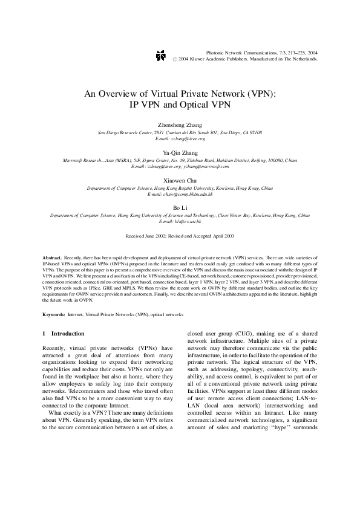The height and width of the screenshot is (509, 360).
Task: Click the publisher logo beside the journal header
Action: (x=159, y=55)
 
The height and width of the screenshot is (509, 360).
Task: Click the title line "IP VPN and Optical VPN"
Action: (x=180, y=103)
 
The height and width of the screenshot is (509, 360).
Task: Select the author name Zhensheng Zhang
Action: (x=180, y=125)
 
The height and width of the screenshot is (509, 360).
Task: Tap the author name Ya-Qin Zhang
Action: (x=180, y=152)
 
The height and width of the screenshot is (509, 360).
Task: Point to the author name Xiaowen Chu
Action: (x=180, y=180)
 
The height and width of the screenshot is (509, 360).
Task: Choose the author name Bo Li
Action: (x=180, y=208)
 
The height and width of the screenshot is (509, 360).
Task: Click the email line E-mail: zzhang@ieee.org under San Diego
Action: (x=180, y=138)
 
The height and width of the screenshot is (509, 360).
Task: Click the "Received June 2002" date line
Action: (x=180, y=236)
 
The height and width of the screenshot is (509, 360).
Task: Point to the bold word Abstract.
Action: (x=53, y=258)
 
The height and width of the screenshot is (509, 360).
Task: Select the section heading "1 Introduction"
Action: (x=64, y=334)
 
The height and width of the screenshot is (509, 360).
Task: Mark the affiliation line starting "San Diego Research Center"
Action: (x=180, y=132)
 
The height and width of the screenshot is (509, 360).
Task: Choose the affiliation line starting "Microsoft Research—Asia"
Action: (x=180, y=160)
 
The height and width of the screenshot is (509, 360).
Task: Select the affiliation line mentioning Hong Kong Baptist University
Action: (x=180, y=188)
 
